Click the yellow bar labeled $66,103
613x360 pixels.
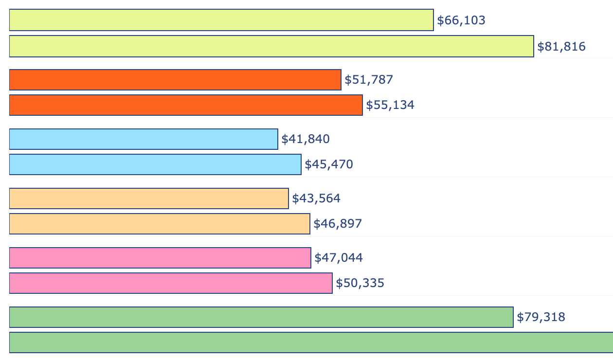pos(221,20)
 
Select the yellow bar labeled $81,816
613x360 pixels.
pos(271,46)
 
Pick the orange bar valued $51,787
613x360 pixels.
pos(175,80)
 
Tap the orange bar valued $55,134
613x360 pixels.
pos(186,105)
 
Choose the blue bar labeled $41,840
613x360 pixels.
pos(144,139)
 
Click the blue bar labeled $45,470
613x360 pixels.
pos(155,164)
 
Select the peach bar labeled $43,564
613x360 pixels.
pos(149,198)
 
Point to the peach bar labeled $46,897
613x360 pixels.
pos(160,224)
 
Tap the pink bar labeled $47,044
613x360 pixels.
pos(160,258)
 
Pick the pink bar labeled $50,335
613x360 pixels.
pos(171,283)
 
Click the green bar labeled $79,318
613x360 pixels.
pos(261,317)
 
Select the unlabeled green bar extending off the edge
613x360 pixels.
pos(311,342)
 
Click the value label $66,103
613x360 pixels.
pos(461,20)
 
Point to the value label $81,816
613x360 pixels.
pos(561,47)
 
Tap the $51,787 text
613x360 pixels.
pos(369,80)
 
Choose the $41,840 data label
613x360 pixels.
pos(306,139)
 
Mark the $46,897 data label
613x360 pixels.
pos(338,224)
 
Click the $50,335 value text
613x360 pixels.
pos(360,283)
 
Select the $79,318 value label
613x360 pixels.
pos(541,318)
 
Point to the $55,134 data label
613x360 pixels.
pos(390,105)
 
